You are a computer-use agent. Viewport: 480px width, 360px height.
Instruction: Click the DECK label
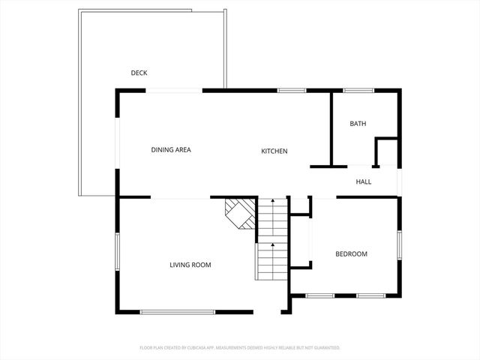[139, 73]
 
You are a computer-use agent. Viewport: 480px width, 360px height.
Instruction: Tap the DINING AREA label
[171, 150]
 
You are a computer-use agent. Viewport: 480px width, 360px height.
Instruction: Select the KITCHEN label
[274, 151]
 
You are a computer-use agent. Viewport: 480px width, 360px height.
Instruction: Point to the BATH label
[358, 124]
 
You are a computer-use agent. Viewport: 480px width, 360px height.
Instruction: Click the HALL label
[363, 181]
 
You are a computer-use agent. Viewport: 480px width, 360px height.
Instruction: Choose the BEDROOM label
[351, 254]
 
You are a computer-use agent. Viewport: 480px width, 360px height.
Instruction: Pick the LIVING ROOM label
[190, 265]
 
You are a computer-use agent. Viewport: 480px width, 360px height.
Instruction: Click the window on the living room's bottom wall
[178, 312]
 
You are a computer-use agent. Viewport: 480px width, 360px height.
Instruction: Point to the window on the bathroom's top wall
[358, 91]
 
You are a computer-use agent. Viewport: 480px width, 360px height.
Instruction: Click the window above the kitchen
[292, 91]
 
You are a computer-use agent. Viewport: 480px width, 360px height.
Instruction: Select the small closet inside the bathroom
[386, 152]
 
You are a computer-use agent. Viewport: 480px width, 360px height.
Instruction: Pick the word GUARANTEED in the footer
[325, 348]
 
